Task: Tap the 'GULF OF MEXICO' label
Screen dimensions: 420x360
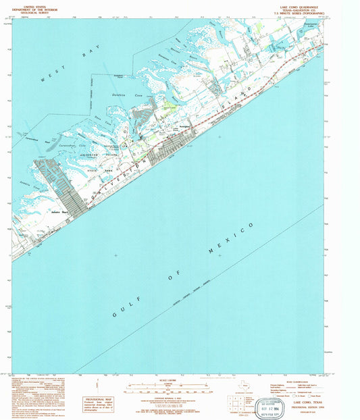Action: coord(182,271)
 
